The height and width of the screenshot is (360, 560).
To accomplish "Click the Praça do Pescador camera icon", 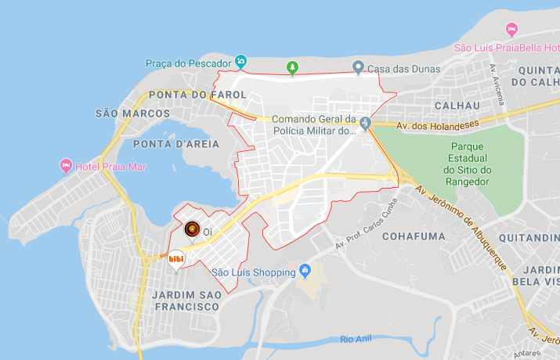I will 241,61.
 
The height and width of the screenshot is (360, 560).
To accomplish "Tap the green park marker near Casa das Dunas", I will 293,68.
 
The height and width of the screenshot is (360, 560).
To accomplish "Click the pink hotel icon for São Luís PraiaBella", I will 512,30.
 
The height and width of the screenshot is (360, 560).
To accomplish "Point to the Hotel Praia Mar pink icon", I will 66,166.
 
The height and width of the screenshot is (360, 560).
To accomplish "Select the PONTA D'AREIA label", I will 170,144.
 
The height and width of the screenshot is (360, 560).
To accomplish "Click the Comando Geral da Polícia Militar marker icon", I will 365,121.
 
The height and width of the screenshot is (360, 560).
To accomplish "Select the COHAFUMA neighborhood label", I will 414,236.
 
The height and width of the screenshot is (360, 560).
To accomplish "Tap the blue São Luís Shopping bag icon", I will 305,272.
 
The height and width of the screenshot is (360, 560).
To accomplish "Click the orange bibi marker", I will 176,258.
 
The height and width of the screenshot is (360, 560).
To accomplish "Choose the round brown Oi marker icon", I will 192,229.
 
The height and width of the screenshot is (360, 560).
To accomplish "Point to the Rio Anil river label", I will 359,339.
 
